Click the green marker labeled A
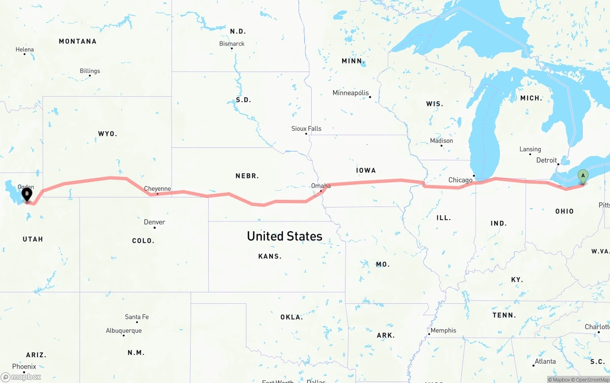(582, 176)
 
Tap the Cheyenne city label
(157, 189)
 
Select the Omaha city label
(321, 186)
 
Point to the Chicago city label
(460, 180)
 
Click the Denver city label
(154, 222)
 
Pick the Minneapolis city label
(351, 93)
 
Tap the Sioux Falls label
(306, 128)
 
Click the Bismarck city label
(232, 43)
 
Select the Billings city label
(90, 71)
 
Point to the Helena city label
(25, 49)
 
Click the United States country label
(285, 236)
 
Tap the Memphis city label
(443, 330)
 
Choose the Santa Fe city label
(137, 317)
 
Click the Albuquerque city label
(124, 331)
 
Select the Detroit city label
(547, 160)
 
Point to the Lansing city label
(530, 149)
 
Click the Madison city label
(441, 141)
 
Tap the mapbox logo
(21, 377)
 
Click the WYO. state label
(107, 134)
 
